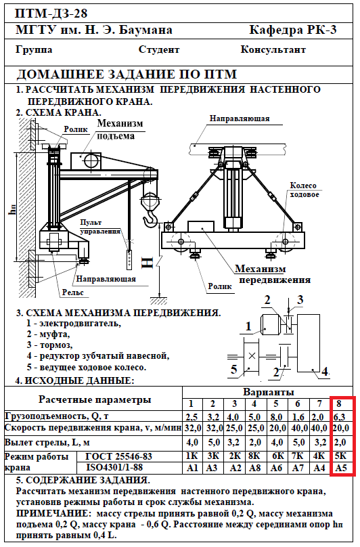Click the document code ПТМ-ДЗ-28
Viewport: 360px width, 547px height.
click(x=51, y=14)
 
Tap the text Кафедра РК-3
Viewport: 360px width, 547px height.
click(x=293, y=30)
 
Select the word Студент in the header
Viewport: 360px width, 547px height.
click(x=159, y=50)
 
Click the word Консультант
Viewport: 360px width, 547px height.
click(x=273, y=49)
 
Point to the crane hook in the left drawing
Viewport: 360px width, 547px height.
click(x=150, y=218)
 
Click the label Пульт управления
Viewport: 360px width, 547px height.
click(x=100, y=227)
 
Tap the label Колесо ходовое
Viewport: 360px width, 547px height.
click(x=305, y=190)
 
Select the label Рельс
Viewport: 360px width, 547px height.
click(x=73, y=292)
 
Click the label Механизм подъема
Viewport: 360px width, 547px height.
click(x=120, y=129)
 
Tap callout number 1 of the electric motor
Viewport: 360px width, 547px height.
click(x=248, y=326)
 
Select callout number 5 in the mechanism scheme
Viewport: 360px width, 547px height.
click(x=233, y=369)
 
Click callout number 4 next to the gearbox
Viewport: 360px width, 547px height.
click(x=325, y=372)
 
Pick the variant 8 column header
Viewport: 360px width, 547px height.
click(x=339, y=404)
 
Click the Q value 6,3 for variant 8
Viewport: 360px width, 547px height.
click(x=340, y=416)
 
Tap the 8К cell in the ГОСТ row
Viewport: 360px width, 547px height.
click(x=254, y=456)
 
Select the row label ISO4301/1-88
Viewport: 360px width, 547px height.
click(x=114, y=467)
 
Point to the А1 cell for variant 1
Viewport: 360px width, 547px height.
click(x=192, y=468)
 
